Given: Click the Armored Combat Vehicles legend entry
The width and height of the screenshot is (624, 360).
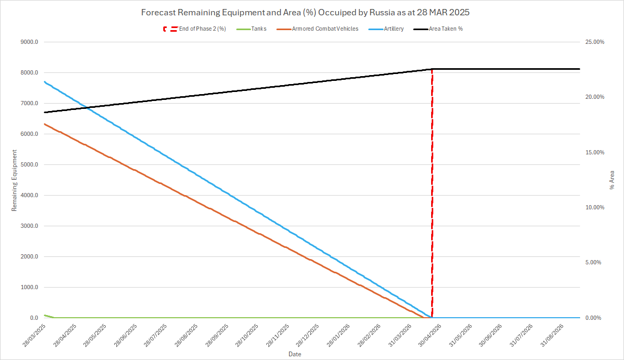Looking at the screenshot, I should coord(325,29).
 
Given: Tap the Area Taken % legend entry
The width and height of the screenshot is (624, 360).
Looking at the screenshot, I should coord(449,29).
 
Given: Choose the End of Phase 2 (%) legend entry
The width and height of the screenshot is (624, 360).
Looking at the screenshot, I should coord(202,29).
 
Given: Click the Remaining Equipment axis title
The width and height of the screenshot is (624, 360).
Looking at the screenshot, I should coord(14,180).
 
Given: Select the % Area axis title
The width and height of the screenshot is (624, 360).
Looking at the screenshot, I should coord(612,180).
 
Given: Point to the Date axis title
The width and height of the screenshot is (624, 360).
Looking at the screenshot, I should coord(295,353).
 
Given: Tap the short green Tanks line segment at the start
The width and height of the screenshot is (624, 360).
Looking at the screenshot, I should coord(48,316).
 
